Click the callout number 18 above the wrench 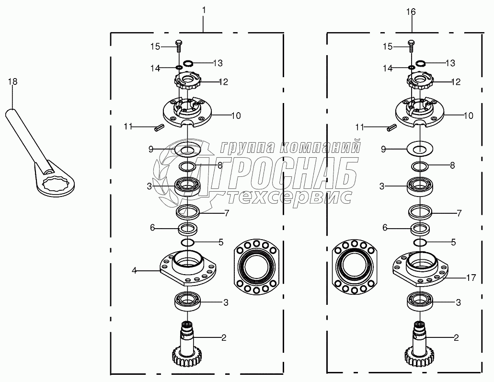click(x=12, y=81)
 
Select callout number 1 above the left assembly click(x=204, y=11)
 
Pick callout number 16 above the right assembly click(x=411, y=12)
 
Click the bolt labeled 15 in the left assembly click(x=178, y=46)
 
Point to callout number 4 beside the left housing click(x=134, y=270)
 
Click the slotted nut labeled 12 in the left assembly click(x=188, y=81)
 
